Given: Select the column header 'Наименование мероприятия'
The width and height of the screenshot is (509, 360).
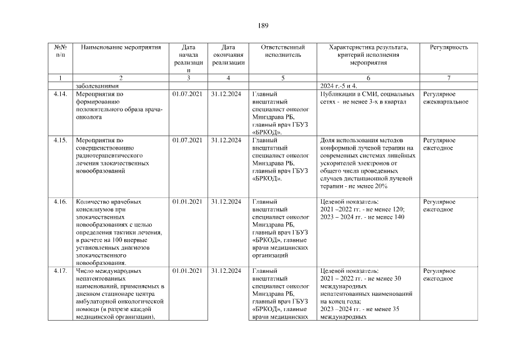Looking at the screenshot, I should [x=121, y=47].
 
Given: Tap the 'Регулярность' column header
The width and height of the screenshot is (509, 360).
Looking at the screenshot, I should [x=448, y=47].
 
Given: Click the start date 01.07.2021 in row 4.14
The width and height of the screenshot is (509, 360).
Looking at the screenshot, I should [x=188, y=94].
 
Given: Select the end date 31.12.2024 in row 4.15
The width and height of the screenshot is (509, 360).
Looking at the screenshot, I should [x=226, y=140].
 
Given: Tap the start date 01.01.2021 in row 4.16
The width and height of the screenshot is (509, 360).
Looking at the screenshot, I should [x=188, y=201].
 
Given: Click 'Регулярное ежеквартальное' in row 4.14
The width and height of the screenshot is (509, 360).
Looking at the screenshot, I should [x=445, y=98].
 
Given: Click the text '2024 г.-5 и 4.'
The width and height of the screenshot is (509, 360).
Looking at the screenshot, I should [x=339, y=85].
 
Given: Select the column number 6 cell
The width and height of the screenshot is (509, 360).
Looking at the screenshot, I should [x=368, y=77].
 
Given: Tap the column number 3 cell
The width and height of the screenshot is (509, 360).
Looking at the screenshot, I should [x=188, y=77].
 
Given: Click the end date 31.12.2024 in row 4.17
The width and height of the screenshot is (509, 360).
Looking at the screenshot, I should [x=226, y=271].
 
